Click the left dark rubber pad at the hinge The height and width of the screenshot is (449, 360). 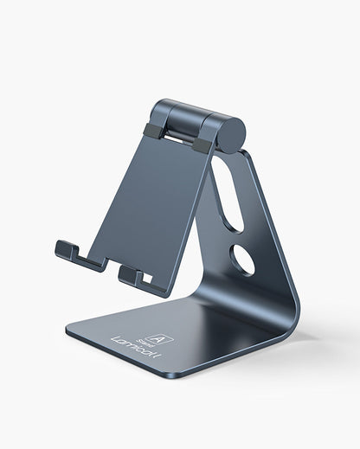pos(152,131)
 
